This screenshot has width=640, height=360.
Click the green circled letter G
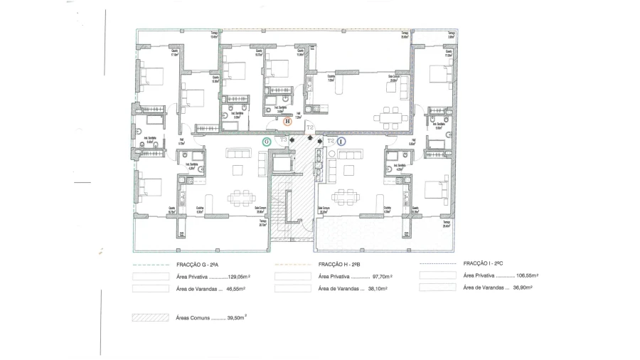[267, 142]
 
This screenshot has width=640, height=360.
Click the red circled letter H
[287, 122]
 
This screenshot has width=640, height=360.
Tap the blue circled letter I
[341, 142]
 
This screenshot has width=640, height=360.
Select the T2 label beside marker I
[331, 141]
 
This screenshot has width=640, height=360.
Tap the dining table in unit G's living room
[239, 195]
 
